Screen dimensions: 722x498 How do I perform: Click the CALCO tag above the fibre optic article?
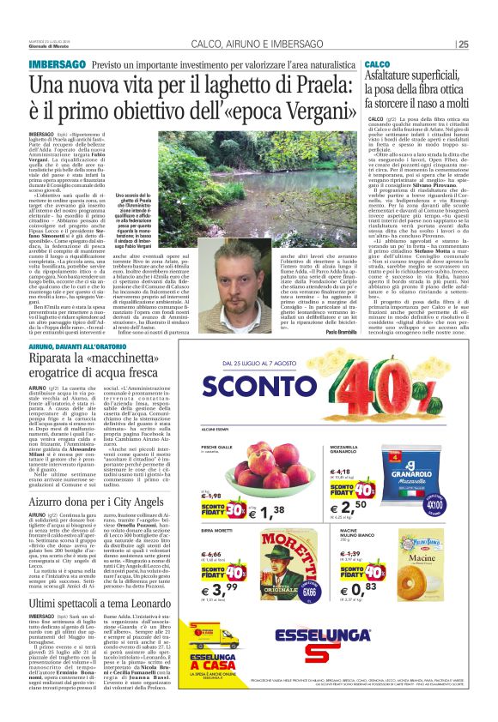pyautogui.click(x=378, y=65)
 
